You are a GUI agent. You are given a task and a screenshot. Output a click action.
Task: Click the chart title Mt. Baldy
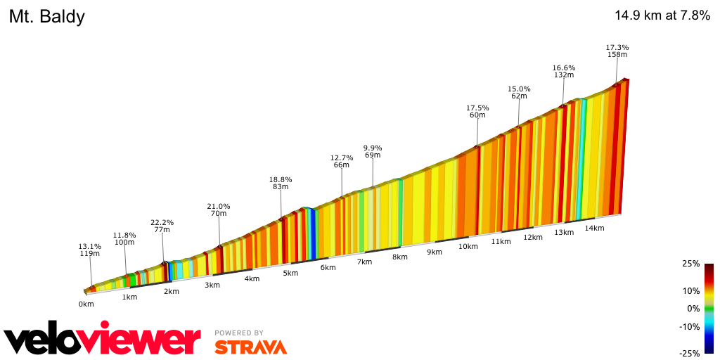(x=47, y=17)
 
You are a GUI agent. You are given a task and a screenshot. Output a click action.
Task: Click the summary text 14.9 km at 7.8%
(x=662, y=15)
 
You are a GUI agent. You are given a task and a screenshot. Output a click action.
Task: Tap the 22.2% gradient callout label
(x=162, y=226)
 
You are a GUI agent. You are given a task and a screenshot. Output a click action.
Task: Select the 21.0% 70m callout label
(x=218, y=210)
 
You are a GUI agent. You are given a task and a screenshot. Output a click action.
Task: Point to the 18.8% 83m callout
(x=281, y=183)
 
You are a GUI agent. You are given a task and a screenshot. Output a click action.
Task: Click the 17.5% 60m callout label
(x=477, y=111)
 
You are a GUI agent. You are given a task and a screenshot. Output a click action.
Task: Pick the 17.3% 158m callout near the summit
(x=617, y=51)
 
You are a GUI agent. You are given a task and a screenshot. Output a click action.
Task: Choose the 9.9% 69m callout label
(x=372, y=151)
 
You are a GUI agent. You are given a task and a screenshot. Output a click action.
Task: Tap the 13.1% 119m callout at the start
(x=89, y=250)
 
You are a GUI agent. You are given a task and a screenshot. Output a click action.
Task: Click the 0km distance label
(x=86, y=304)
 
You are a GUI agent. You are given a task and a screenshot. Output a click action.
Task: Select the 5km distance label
(x=290, y=273)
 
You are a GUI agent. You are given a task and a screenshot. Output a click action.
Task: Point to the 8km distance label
(x=399, y=257)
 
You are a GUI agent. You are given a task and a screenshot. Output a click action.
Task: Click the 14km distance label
(x=595, y=228)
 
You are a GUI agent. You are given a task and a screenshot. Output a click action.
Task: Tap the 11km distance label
(x=501, y=242)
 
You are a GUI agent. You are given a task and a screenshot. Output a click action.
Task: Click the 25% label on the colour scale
(x=690, y=264)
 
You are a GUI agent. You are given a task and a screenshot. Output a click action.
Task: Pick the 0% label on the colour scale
(x=693, y=308)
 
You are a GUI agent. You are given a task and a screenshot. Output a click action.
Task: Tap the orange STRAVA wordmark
(x=250, y=347)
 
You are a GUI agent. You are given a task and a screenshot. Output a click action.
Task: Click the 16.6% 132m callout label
(x=563, y=71)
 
